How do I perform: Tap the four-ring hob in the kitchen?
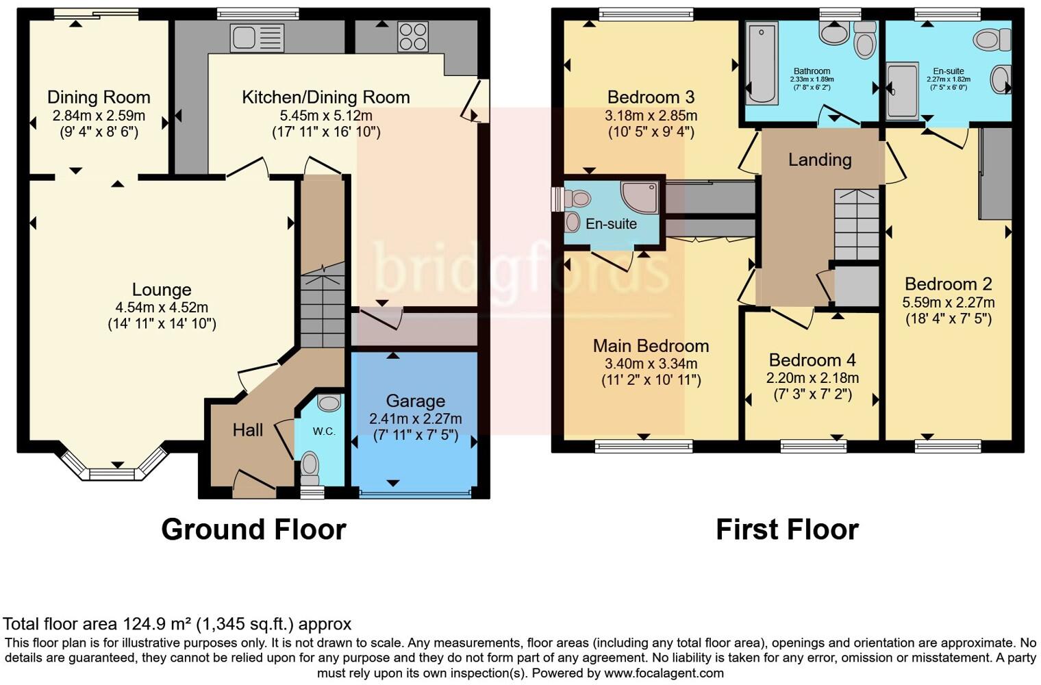pos(413,37)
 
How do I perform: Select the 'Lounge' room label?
pos(162,290)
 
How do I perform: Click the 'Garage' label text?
pos(415,401)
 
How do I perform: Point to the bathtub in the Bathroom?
pos(762,63)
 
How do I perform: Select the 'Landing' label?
pos(820,160)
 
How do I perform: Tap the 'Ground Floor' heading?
pos(253,530)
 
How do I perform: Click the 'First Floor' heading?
pos(787,530)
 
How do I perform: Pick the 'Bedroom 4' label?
pos(812,360)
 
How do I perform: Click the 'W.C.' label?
pos(324,432)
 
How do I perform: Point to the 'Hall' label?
pos(248,430)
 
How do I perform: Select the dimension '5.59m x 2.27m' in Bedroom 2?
pos(949,302)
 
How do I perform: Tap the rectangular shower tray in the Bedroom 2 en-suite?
pos(903,90)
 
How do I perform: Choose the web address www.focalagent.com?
pos(664,673)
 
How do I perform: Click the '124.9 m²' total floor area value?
pos(157,624)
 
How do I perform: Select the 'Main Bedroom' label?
pos(651,346)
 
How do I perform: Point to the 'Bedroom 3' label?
pos(651,97)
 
